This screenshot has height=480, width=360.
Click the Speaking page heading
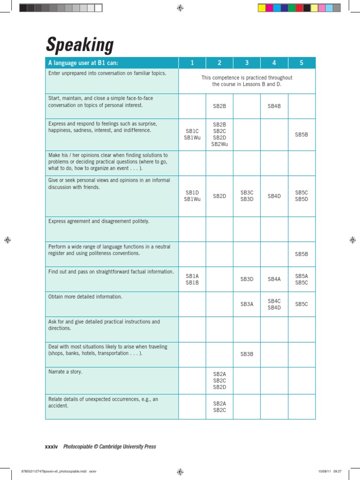(x=80, y=45)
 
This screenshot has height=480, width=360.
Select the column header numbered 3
(x=247, y=63)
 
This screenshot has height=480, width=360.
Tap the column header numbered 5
(x=301, y=63)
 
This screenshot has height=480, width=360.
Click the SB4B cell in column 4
(x=274, y=106)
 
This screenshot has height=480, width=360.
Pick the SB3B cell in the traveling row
(x=247, y=354)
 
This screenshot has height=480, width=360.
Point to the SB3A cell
(x=247, y=304)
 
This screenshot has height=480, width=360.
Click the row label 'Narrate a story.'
(x=66, y=372)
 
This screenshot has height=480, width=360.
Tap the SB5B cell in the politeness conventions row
(x=301, y=254)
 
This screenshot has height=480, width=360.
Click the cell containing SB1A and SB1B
(x=192, y=279)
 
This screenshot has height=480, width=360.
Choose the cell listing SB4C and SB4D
(x=274, y=304)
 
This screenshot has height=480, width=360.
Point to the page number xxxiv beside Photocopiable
(x=51, y=447)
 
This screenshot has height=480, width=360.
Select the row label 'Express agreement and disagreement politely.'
(x=99, y=221)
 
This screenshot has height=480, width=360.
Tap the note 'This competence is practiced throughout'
(x=247, y=78)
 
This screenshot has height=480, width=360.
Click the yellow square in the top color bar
(x=262, y=8)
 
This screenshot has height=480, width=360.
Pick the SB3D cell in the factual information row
(x=247, y=279)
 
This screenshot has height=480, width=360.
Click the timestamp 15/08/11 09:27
(x=330, y=471)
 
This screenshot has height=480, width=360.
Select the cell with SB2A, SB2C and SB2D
(x=219, y=381)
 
